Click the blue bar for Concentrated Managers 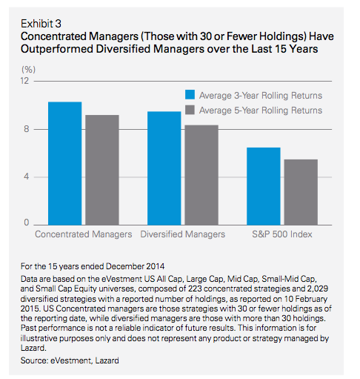[64, 163]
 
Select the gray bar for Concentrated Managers [102, 170]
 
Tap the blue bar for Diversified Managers [164, 168]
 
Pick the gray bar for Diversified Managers [201, 175]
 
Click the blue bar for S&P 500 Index [264, 186]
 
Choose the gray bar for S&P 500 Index [301, 192]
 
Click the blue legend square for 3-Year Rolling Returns [190, 95]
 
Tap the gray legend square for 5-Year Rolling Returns [190, 110]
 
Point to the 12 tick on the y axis [24, 81]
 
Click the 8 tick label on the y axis [27, 129]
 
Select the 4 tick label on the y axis [27, 177]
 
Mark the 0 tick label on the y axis [27, 223]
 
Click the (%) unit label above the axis [28, 70]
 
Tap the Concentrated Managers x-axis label [84, 234]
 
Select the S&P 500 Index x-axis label [282, 234]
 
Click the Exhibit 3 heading [41, 24]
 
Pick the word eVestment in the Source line [71, 360]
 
